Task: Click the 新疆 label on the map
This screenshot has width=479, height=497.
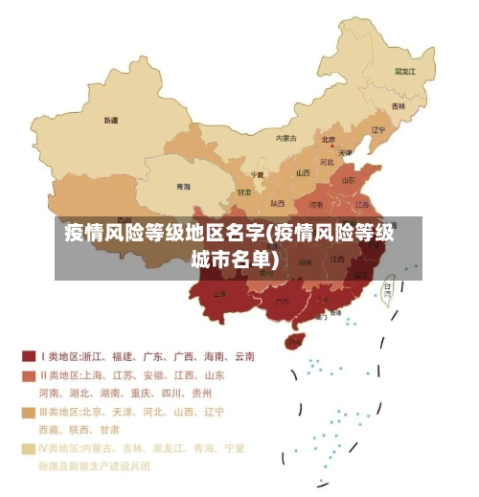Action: pos(111,121)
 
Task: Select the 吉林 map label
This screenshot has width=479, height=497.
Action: pos(398,106)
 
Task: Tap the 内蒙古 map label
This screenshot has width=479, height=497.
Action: pos(286,138)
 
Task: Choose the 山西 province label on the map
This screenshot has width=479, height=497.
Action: pos(303,173)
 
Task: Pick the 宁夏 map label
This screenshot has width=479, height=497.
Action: pos(257,175)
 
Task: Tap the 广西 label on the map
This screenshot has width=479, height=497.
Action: pos(282,305)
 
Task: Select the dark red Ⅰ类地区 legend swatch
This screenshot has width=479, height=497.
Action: pos(29,356)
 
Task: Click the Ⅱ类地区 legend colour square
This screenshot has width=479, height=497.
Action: pos(29,375)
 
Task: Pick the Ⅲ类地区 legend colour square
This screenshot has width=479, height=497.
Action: pos(29,412)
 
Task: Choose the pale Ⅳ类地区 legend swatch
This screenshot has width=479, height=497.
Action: pos(29,448)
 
